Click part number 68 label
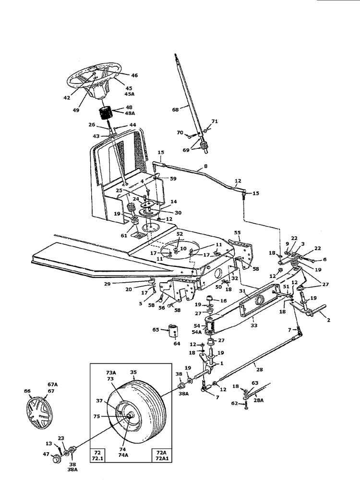pos(175,109)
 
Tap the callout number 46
pos(134,75)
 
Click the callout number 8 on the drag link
pos(205,166)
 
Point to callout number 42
pos(66,97)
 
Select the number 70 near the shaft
pos(180,133)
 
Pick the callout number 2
pos(327,319)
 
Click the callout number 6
pos(324,260)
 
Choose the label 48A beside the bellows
pos(130,113)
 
